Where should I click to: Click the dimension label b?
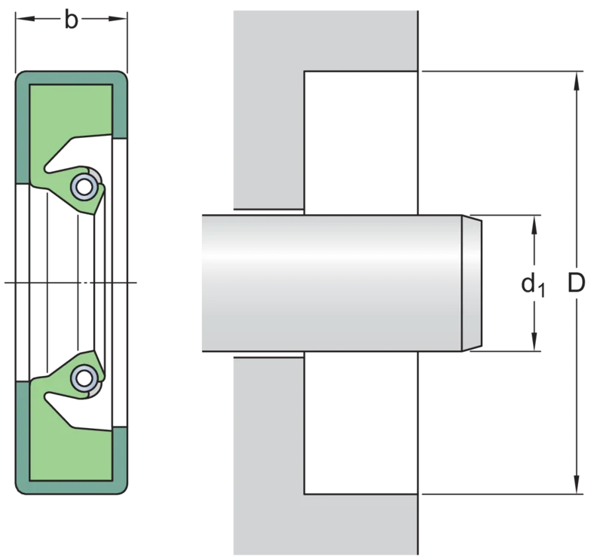coord(71,20)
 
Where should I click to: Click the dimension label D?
coord(576,283)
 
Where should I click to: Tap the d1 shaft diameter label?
coord(533,285)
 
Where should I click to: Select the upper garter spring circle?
coord(84,186)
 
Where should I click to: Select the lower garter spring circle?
coord(84,378)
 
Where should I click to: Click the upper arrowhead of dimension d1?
coord(534,225)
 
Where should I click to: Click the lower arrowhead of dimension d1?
coord(534,341)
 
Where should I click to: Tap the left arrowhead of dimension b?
coord(25,18)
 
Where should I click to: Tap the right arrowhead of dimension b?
coord(118,18)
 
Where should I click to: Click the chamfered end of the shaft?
coord(472,283)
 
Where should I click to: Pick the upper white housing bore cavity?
coord(361,142)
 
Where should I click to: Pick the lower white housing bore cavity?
coord(361,423)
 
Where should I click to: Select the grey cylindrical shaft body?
coord(332,283)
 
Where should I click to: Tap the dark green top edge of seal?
coord(72,78)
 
